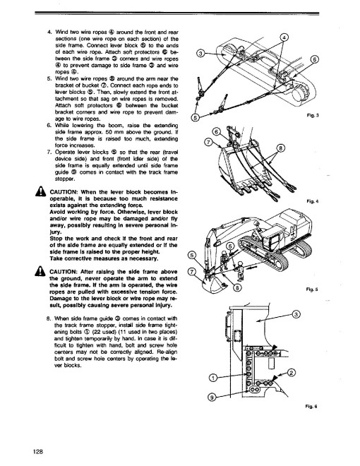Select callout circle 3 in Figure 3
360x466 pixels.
[200, 53]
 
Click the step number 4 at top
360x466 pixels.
[48, 33]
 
